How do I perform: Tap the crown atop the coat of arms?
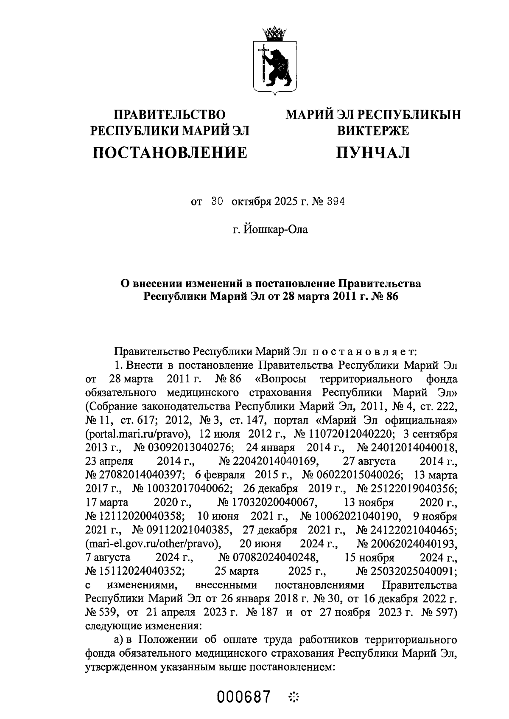click(x=274, y=33)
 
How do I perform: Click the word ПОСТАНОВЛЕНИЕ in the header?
click(x=170, y=152)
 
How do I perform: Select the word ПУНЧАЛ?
click(x=373, y=152)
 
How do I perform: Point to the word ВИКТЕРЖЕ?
click(x=373, y=131)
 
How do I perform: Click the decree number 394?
click(x=336, y=202)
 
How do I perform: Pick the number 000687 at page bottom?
click(x=244, y=697)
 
